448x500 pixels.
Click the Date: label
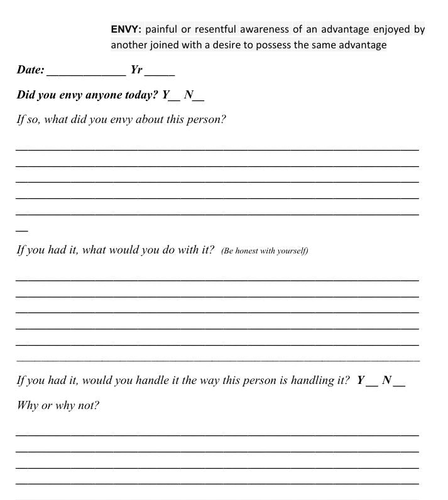pos(30,70)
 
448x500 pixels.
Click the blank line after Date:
pos(86,73)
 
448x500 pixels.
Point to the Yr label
pos(136,70)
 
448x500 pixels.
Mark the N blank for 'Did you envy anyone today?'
pos(199,99)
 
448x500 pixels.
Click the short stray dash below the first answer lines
pos(21,231)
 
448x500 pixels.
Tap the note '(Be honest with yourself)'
pos(265,251)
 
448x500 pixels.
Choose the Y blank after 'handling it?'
pos(372,384)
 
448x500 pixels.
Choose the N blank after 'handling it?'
pos(399,384)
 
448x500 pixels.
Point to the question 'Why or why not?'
pos(58,406)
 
